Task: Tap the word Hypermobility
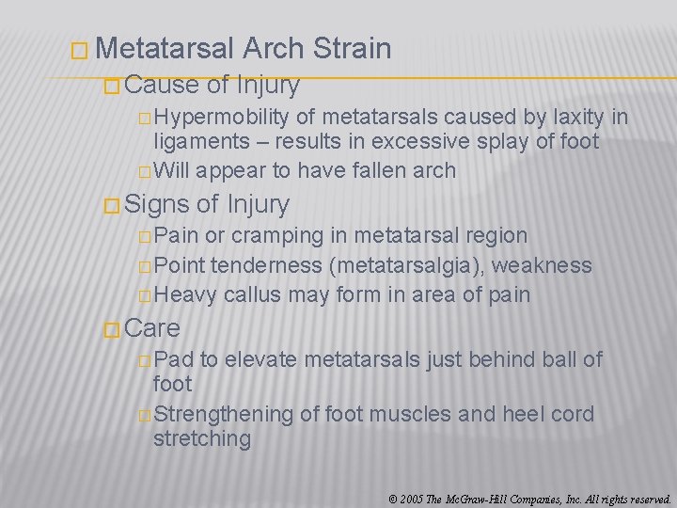point(222,118)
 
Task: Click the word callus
point(251,294)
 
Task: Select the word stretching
point(202,438)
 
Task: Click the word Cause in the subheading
point(161,86)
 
